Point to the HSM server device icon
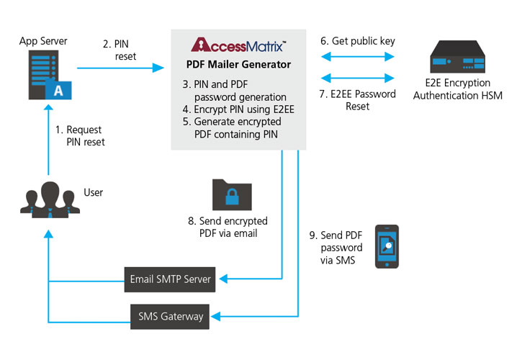click(x=462, y=58)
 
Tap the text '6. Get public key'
click(x=358, y=41)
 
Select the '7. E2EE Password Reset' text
click(x=358, y=100)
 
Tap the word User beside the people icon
click(x=94, y=192)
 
